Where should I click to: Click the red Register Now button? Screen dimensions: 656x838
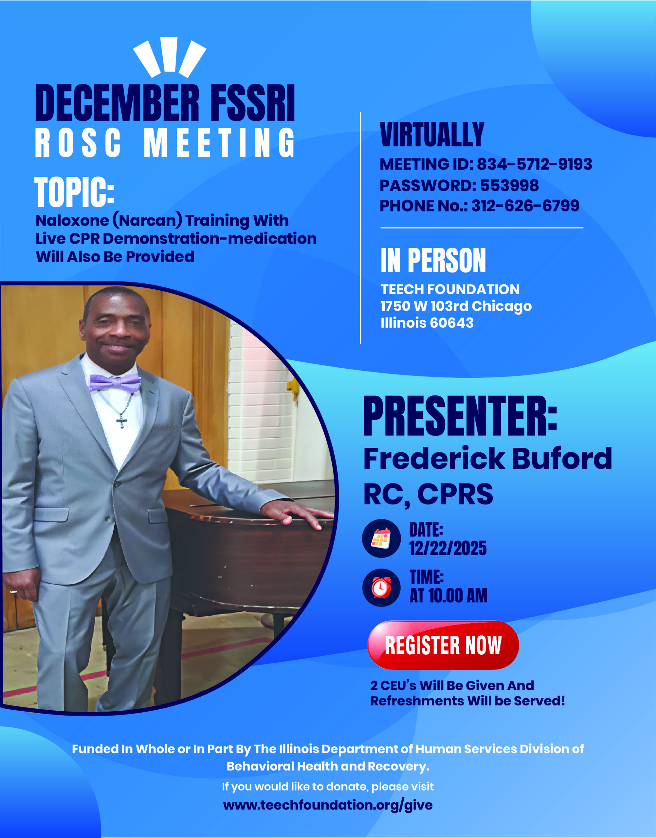point(443,645)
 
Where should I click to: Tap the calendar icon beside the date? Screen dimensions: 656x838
point(381,538)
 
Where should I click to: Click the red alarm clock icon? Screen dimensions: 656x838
point(381,587)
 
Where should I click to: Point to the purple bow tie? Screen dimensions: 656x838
point(115,383)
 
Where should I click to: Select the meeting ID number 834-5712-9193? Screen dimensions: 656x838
point(534,164)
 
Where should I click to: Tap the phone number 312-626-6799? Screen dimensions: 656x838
point(525,206)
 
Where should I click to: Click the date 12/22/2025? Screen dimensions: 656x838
point(448,548)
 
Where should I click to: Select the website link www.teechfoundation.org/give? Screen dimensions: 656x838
point(328,805)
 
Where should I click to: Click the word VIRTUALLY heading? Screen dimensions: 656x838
point(432,135)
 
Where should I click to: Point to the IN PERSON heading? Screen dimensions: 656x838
point(433,260)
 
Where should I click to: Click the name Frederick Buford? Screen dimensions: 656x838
point(487,458)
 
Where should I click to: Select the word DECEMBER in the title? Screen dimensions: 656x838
point(118,103)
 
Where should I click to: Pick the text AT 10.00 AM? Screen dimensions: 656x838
point(448,596)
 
